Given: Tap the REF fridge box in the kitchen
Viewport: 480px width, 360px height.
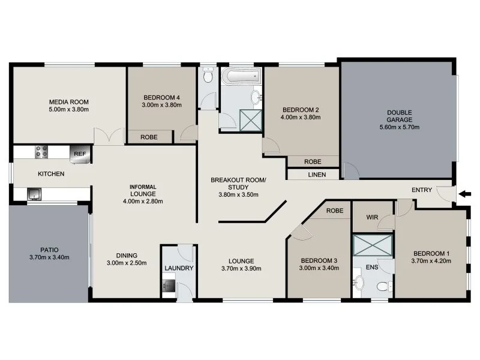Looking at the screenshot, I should [79, 154].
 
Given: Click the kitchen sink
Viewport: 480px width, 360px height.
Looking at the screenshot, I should [34, 194].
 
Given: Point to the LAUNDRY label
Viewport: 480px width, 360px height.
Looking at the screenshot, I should [178, 268].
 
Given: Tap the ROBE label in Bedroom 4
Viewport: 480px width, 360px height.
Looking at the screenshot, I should [149, 137].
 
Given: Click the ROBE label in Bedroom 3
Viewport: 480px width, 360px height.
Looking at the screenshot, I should [335, 211].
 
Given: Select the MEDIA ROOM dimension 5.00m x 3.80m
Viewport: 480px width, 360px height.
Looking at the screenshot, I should [69, 109].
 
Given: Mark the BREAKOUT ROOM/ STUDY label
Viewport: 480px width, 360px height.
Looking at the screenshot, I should [238, 184].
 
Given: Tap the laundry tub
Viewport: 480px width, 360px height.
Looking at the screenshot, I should [168, 287].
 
